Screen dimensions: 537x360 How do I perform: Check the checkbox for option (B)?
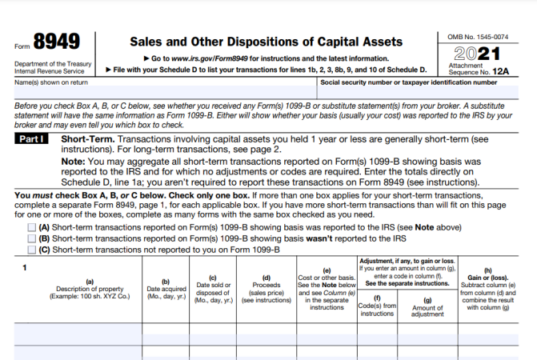[31, 238]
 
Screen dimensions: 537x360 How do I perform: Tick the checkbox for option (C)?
[31, 249]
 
